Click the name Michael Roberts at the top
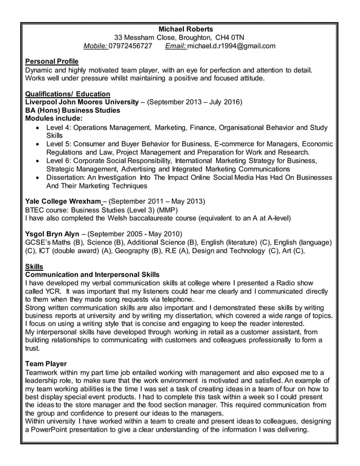pos(185,29)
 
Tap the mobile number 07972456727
pos(131,46)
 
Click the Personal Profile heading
pos(52,61)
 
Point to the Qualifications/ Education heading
pos(68,94)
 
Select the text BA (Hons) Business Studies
pos(73,111)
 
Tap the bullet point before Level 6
pos(37,161)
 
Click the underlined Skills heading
pos(34,266)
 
